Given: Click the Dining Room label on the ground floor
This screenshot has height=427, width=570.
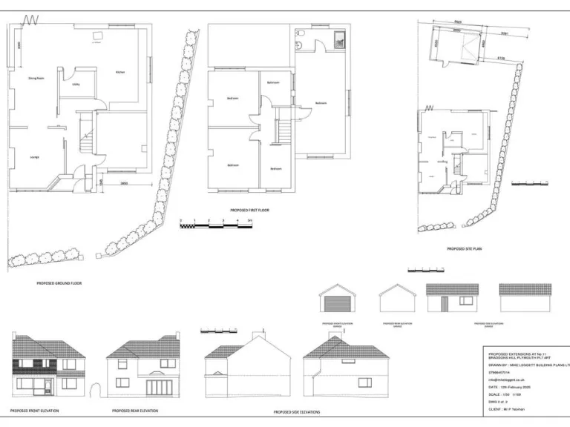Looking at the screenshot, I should pos(36,78).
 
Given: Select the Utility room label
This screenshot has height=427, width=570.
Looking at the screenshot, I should pos(76,85).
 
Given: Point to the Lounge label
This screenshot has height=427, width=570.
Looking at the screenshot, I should pos(34,157).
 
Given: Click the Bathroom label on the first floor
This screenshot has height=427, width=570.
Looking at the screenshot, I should pos(273,82).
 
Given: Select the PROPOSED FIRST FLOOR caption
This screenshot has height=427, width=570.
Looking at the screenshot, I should pos(249,211).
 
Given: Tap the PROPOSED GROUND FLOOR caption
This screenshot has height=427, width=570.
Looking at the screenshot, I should pos(59,283).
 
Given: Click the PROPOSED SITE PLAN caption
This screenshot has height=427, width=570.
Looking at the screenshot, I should pos(464,249).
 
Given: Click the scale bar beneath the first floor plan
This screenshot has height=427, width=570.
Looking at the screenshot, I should pos(216,223).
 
